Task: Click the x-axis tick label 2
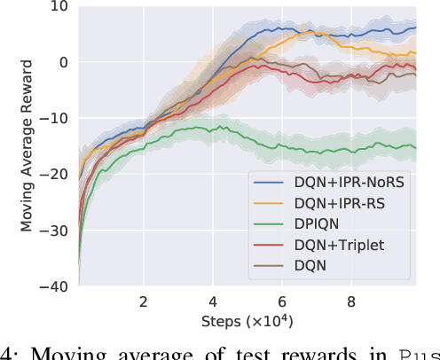tap(144, 302)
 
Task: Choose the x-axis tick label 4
tap(213, 302)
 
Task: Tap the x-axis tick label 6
tap(282, 302)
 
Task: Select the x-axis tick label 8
tap(351, 302)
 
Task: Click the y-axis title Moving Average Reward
tap(27, 146)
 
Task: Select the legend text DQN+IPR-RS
tap(335, 203)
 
